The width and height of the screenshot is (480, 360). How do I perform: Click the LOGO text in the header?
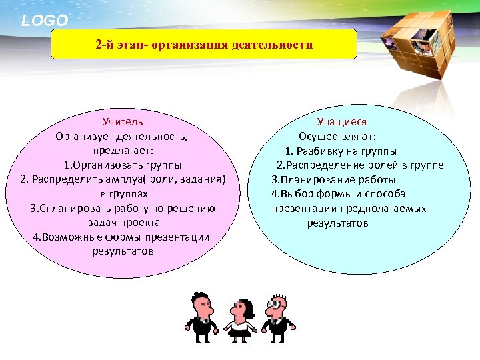45,21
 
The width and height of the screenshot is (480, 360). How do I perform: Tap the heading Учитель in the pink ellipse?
123,123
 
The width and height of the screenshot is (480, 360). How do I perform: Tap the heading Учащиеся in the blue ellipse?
341,122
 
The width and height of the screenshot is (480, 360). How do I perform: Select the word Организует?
85,137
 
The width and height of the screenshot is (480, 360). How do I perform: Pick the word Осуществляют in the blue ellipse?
337,137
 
